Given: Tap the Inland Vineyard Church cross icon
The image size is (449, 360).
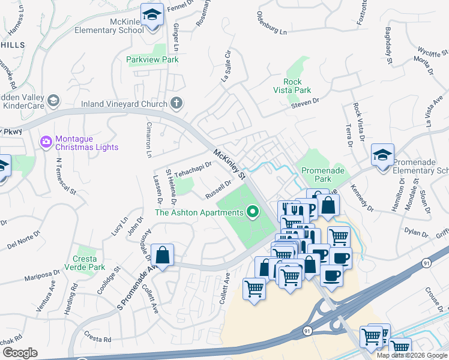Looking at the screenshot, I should (176, 103).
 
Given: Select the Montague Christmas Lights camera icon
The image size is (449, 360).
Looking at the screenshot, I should (46, 142).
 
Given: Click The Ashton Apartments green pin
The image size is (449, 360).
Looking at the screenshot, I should (253, 211).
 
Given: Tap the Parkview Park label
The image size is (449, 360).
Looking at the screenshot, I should (152, 60).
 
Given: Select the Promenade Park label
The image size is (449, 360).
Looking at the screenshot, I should (324, 175).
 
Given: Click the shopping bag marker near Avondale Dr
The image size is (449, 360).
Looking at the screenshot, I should (162, 256).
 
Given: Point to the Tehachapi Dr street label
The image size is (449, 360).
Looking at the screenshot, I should (193, 168).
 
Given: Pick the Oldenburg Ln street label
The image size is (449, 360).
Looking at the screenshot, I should (272, 23).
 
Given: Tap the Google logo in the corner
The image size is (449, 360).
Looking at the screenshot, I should (20, 353).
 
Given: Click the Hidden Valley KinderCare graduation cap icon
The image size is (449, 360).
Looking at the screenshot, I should (53, 100).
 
